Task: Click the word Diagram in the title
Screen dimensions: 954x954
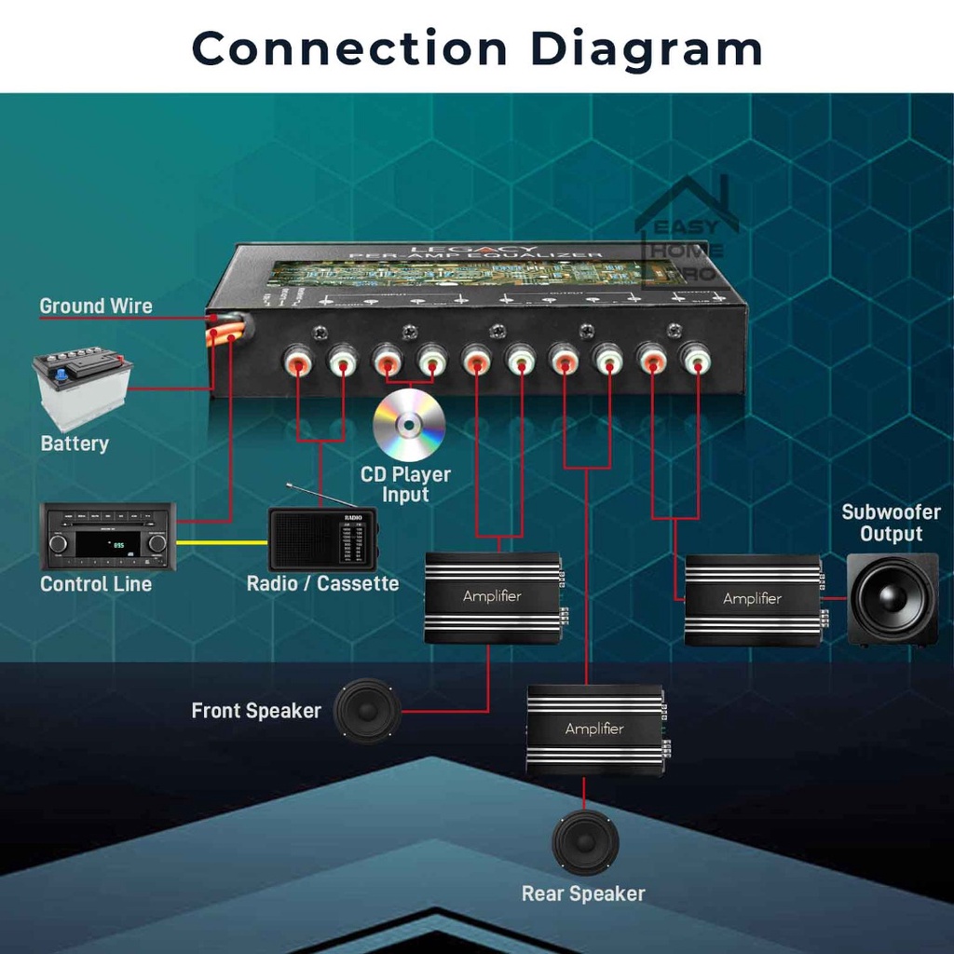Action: (x=647, y=48)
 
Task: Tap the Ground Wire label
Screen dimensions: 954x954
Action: (x=96, y=306)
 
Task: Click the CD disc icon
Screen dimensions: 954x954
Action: (x=409, y=425)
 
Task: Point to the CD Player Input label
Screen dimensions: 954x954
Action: (x=405, y=484)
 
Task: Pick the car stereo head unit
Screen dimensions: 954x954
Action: (x=107, y=537)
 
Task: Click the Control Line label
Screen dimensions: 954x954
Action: (x=96, y=584)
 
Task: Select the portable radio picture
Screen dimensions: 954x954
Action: (x=322, y=538)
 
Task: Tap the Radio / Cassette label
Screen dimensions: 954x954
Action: (x=322, y=584)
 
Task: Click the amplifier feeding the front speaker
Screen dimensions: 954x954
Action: (x=493, y=597)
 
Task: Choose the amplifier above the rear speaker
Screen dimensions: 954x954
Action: (x=595, y=729)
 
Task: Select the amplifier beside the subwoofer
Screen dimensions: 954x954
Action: (x=753, y=599)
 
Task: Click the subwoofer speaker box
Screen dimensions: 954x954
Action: (x=892, y=600)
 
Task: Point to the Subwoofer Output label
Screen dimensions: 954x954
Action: (x=891, y=523)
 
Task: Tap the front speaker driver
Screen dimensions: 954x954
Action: (x=368, y=711)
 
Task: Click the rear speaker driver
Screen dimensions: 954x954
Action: (x=585, y=842)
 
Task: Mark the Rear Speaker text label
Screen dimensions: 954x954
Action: (x=583, y=893)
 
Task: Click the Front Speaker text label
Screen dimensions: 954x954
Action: (x=256, y=711)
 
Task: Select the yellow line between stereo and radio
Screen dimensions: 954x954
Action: (x=222, y=542)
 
